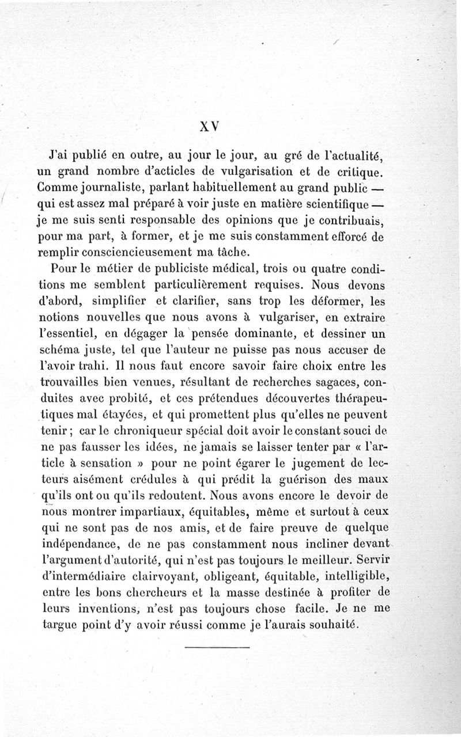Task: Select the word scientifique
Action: tap(338, 204)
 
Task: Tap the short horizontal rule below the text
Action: tap(218, 649)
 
